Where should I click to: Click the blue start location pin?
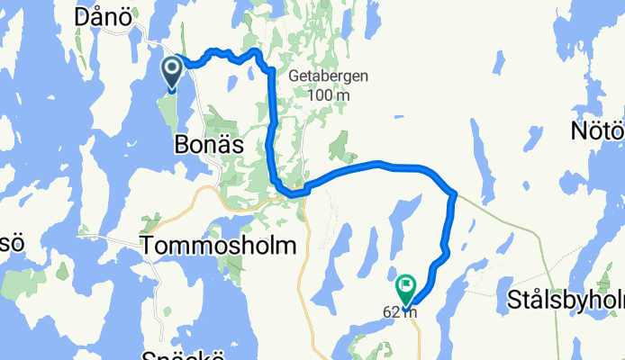pos(172,73)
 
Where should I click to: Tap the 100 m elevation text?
pos(329,95)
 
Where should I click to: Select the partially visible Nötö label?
pos(598,131)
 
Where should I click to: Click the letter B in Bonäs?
pos(182,144)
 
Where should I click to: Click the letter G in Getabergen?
pos(294,77)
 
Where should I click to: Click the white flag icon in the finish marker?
pos(407,285)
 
